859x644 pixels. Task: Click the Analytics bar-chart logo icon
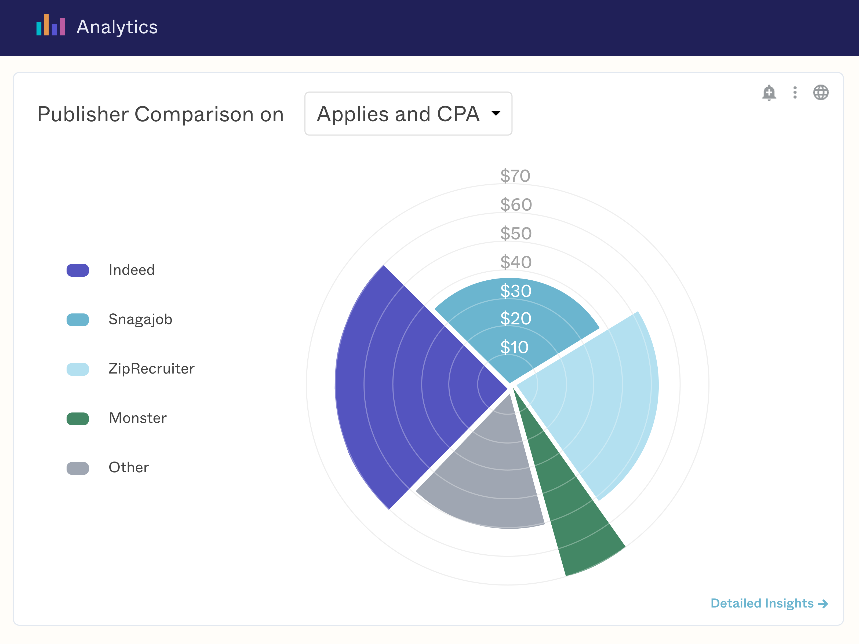click(50, 25)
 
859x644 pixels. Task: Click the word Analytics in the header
click(117, 27)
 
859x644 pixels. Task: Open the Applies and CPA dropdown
click(408, 114)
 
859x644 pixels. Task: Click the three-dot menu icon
click(795, 92)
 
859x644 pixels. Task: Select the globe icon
click(821, 92)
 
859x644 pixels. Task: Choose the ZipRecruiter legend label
click(151, 369)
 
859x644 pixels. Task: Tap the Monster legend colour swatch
click(78, 418)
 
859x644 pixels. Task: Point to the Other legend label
click(129, 467)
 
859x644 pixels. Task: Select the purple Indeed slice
click(404, 384)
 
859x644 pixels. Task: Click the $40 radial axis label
click(516, 262)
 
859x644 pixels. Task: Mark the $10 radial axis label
click(514, 347)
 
